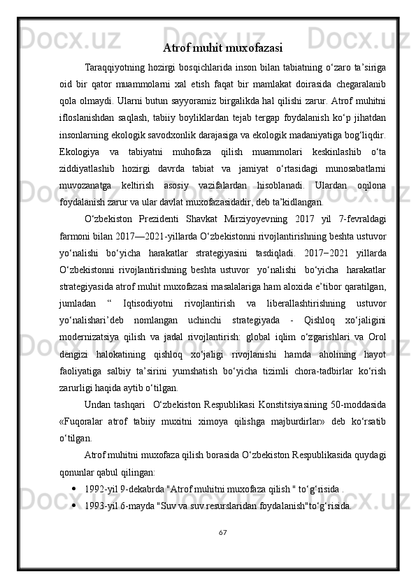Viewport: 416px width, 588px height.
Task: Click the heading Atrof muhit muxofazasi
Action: pos(222,48)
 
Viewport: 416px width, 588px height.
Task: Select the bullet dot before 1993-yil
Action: pos(74,504)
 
